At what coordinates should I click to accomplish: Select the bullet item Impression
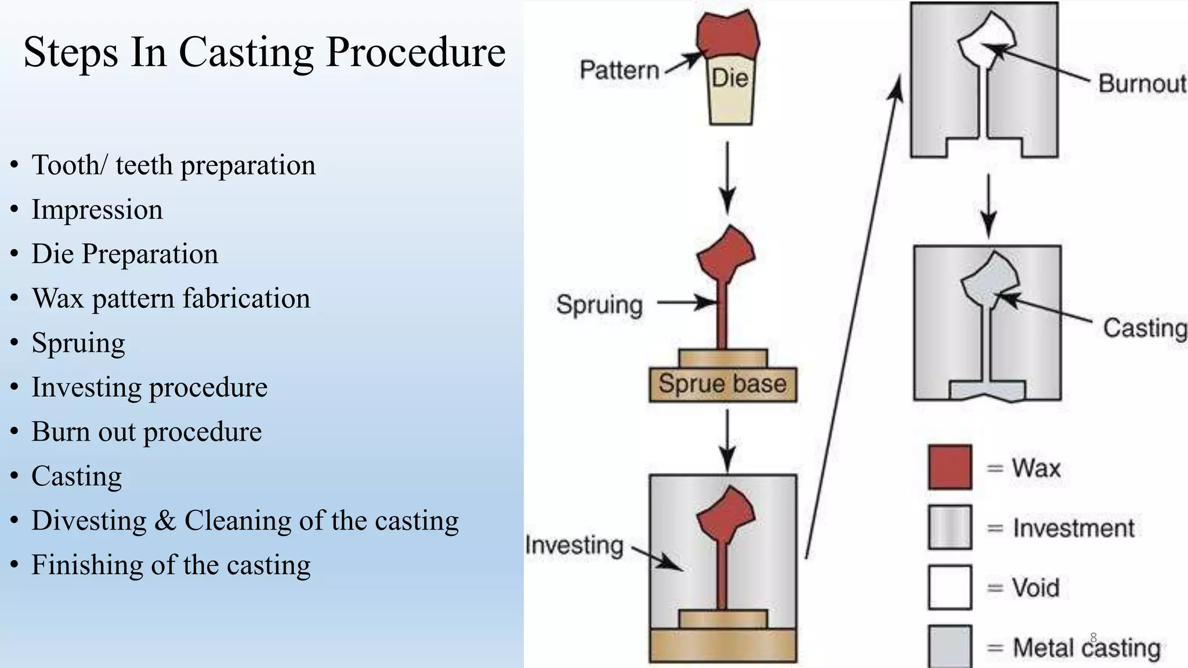click(97, 210)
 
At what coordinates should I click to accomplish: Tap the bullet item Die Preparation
click(124, 255)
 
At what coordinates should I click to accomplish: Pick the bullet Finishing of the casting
click(171, 565)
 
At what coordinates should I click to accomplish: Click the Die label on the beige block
click(730, 78)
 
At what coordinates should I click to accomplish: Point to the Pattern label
click(620, 71)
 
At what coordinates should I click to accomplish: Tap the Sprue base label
click(722, 384)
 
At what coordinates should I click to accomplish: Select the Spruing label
click(599, 304)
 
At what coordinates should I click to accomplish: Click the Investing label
click(574, 545)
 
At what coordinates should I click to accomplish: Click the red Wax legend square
click(950, 467)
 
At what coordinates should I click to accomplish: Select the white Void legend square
click(950, 587)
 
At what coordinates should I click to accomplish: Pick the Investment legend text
click(1073, 528)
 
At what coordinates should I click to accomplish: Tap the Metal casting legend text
click(1086, 648)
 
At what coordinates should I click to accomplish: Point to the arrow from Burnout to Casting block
click(988, 206)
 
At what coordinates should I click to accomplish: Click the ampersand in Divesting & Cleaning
click(165, 521)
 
